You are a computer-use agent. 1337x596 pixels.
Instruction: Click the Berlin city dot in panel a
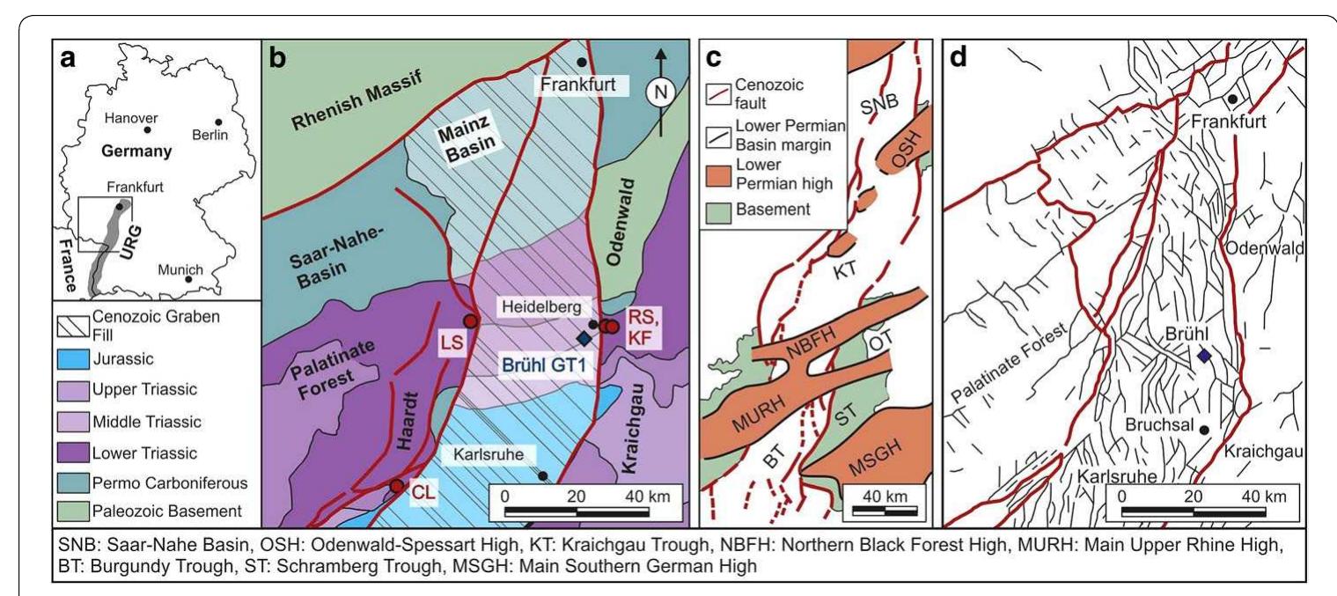(218, 121)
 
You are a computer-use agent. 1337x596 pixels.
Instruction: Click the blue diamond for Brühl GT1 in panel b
(583, 338)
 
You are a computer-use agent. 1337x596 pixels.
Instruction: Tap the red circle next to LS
(471, 321)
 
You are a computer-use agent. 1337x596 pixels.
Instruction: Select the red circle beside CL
(398, 486)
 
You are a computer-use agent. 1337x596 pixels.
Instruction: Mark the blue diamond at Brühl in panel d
(1204, 355)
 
